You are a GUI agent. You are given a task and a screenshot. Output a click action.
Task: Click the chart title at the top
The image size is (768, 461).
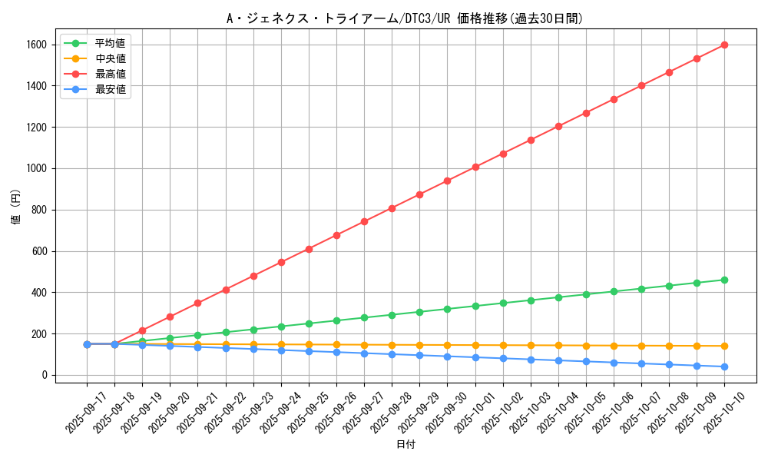[x=405, y=18]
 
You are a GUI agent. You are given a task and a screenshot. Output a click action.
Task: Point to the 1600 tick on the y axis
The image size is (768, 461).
[x=35, y=45]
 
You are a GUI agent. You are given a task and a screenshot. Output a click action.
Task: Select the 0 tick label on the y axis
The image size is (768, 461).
[x=45, y=375]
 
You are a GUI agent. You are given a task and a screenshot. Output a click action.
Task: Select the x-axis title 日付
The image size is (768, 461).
[x=405, y=445]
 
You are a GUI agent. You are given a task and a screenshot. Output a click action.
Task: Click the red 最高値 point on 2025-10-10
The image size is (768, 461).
[x=724, y=45]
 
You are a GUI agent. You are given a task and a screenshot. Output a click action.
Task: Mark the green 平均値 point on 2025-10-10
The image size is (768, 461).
[x=724, y=280]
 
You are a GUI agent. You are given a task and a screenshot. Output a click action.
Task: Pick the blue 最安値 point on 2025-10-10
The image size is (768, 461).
[x=724, y=366]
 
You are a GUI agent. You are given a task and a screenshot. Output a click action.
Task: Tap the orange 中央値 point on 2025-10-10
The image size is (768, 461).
[x=724, y=346]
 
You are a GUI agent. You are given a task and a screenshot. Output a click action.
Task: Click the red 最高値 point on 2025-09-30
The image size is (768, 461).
[x=447, y=181]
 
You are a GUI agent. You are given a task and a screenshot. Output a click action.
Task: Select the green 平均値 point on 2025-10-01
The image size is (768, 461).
[x=475, y=306]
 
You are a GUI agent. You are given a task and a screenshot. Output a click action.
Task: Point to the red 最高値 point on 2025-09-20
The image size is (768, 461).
[x=170, y=317]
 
